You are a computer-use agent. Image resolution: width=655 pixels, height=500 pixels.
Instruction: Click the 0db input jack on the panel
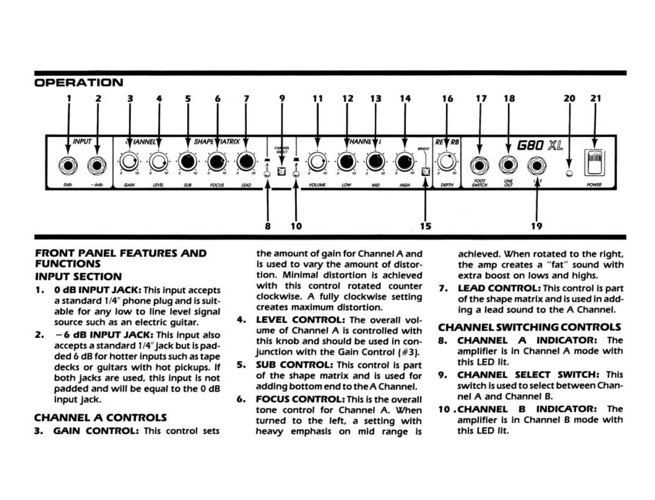pyautogui.click(x=68, y=165)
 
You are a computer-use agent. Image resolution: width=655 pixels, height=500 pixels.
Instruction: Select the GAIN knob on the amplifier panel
pyautogui.click(x=129, y=162)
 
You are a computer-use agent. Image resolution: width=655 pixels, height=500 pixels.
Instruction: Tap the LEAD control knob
pyautogui.click(x=246, y=162)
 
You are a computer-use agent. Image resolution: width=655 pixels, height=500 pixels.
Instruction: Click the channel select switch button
pyautogui.click(x=282, y=171)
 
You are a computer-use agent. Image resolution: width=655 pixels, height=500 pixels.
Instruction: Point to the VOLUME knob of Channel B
pyautogui.click(x=317, y=162)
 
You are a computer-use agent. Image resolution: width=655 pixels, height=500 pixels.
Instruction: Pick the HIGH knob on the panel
pyautogui.click(x=404, y=162)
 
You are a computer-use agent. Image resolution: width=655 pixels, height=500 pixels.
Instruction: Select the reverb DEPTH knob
pyautogui.click(x=447, y=162)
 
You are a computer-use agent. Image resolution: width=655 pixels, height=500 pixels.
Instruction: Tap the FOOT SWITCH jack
pyautogui.click(x=479, y=165)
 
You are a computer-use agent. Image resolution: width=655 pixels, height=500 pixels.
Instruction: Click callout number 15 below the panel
pyautogui.click(x=425, y=226)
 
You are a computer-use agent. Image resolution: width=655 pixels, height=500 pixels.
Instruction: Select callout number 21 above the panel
pyautogui.click(x=595, y=98)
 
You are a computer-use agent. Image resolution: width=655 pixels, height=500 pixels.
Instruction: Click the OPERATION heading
pyautogui.click(x=79, y=82)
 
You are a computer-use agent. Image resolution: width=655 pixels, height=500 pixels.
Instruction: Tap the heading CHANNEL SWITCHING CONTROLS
pyautogui.click(x=530, y=327)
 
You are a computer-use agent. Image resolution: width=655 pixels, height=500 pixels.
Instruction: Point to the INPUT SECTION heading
pyautogui.click(x=78, y=277)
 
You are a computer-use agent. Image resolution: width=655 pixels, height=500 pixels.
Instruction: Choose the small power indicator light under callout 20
pyautogui.click(x=569, y=174)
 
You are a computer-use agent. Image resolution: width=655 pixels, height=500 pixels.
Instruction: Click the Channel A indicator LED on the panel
pyautogui.click(x=267, y=174)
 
